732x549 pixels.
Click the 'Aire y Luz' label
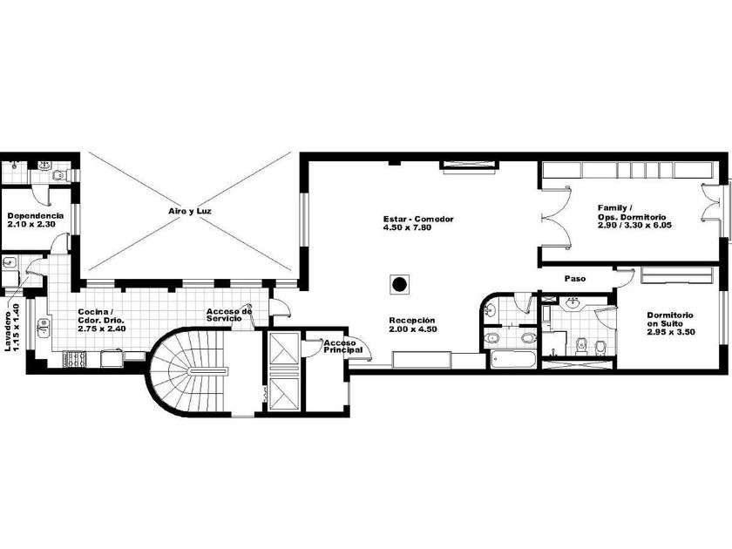tap(190, 211)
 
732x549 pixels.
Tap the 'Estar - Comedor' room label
tap(418, 219)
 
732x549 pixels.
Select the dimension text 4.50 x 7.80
tap(407, 227)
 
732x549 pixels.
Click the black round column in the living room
tap(399, 284)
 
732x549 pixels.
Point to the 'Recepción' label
tap(412, 321)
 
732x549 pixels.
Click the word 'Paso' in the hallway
tap(574, 279)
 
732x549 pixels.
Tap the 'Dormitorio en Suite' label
tap(670, 319)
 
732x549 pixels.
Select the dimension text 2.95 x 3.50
tap(671, 332)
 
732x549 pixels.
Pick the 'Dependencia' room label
tap(36, 216)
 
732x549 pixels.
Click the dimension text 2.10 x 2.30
tap(31, 224)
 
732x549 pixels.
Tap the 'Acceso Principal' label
tap(343, 347)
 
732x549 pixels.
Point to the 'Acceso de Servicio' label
tap(229, 315)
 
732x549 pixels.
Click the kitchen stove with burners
tap(74, 358)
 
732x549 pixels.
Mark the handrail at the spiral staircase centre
tap(207, 370)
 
